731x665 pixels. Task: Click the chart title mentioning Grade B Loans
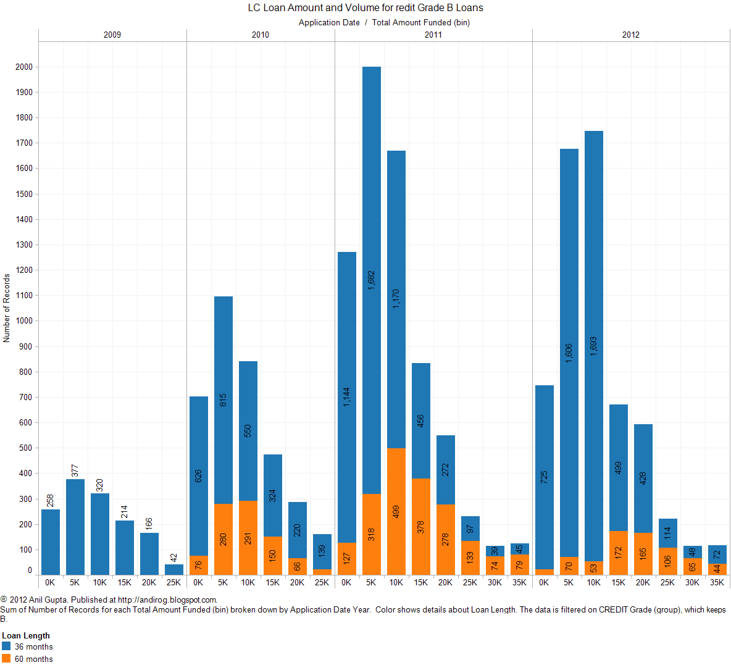click(x=365, y=8)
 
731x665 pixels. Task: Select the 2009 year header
click(x=112, y=35)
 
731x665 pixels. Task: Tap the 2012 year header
click(x=630, y=35)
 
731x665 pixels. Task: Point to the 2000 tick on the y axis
click(x=24, y=67)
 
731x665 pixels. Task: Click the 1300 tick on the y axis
click(x=24, y=245)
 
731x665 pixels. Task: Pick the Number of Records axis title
click(x=7, y=308)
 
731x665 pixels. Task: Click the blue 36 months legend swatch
click(x=6, y=646)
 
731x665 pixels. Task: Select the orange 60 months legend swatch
click(x=6, y=658)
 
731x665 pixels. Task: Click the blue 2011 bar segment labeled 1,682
click(x=371, y=280)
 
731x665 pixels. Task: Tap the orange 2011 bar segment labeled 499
click(x=396, y=511)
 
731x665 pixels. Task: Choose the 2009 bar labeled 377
click(x=75, y=527)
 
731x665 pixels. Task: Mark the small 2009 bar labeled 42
click(x=173, y=569)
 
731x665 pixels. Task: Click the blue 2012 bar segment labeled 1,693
click(x=593, y=346)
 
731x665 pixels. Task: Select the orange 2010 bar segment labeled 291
click(x=248, y=537)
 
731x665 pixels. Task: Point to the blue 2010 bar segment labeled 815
click(x=223, y=400)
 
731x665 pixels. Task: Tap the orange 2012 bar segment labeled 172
click(x=618, y=553)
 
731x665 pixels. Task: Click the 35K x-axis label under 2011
click(x=519, y=582)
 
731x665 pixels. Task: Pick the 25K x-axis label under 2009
click(x=173, y=582)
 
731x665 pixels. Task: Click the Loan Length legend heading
click(x=26, y=635)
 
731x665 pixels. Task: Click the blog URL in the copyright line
click(x=167, y=600)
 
